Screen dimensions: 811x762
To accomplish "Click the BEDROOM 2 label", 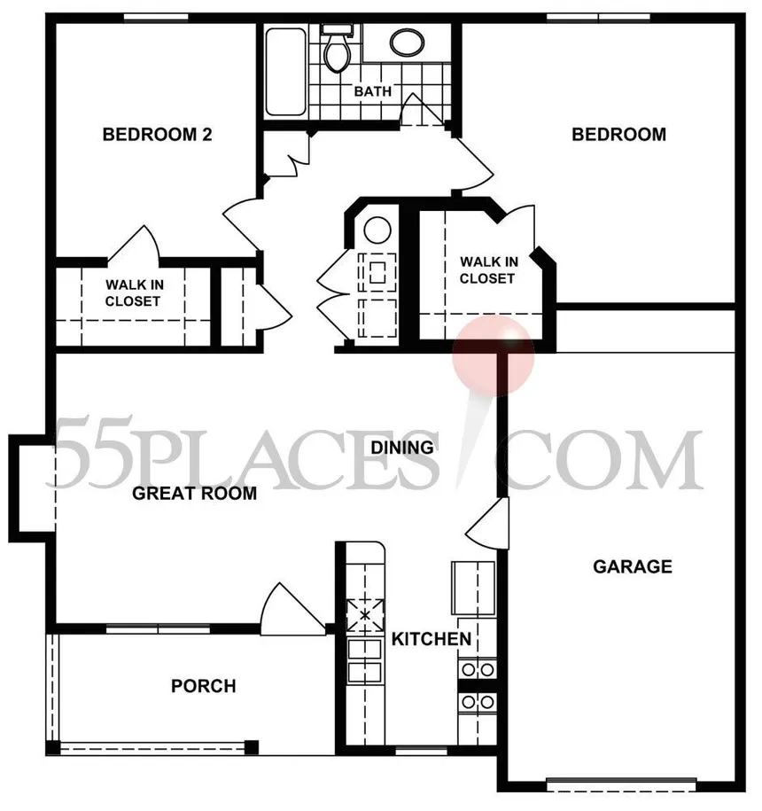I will pyautogui.click(x=157, y=135).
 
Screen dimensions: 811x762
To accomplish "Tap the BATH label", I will pyautogui.click(x=373, y=91).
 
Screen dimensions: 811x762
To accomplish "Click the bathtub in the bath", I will pyautogui.click(x=284, y=71).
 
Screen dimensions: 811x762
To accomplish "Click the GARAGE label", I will pyautogui.click(x=632, y=565).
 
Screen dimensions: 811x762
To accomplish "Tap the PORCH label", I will pyautogui.click(x=204, y=686).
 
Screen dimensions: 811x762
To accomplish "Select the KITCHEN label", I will pyautogui.click(x=432, y=639).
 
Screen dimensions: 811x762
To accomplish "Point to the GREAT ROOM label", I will pyautogui.click(x=194, y=493).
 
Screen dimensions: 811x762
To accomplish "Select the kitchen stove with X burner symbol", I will pyautogui.click(x=364, y=613).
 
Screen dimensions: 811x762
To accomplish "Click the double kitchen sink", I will pyautogui.click(x=364, y=661).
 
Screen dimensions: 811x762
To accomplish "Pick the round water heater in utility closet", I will pyautogui.click(x=377, y=230).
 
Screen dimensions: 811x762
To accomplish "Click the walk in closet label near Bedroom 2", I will pyautogui.click(x=133, y=292).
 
